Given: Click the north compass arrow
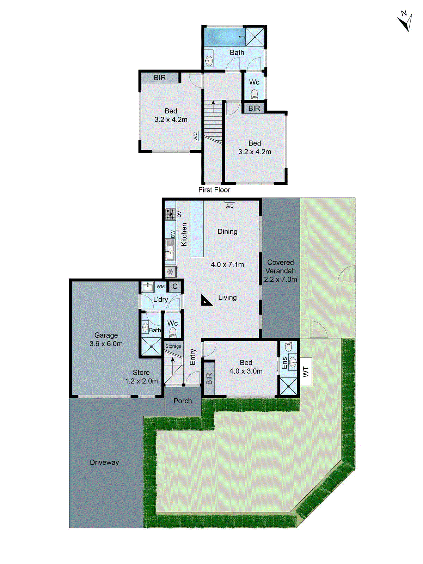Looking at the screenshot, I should coord(405,21).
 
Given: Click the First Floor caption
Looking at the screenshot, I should coord(214,190).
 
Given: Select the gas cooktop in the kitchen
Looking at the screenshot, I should coord(170,214).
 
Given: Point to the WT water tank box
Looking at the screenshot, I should coord(306,372).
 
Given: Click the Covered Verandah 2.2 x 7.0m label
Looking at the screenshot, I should coord(281,271).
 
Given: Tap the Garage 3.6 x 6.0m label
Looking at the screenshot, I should coord(106,339).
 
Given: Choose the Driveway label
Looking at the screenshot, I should coord(104,462).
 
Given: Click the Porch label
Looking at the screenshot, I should coord(183,401).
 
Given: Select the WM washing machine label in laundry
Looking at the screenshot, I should coord(161,287).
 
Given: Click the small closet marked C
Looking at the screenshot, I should coord(175,287).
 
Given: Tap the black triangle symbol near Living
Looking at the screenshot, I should coord(206,300).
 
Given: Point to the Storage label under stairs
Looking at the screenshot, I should coord(173,346).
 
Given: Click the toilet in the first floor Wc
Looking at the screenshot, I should coord(254,94).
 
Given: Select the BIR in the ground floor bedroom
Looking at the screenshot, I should coord(209,379).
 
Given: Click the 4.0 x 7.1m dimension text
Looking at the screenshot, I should coord(227,264).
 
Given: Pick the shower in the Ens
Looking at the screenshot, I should coord(288,386).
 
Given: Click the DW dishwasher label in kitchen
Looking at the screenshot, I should coord(173,234).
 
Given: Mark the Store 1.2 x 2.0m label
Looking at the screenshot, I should coord(141,377).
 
